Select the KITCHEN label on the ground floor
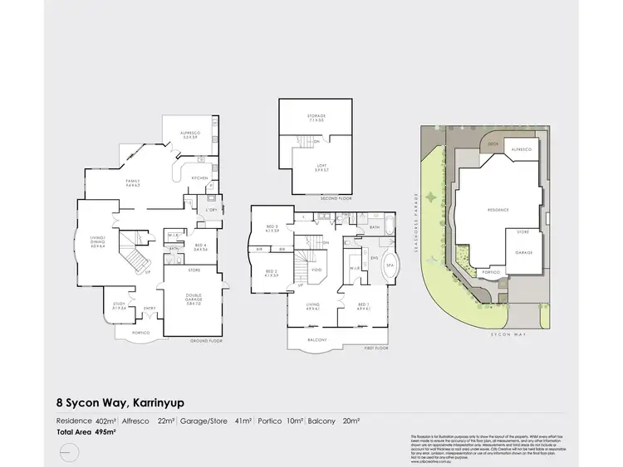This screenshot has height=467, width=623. click(200, 178)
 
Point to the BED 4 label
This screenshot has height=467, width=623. click(200, 246)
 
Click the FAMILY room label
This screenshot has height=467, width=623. click(132, 182)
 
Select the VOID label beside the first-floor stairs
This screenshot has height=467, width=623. click(316, 270)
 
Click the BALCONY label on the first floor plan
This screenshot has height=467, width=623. click(314, 340)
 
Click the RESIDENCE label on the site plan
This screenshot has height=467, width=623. click(498, 210)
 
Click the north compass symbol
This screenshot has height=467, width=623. click(68, 450)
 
